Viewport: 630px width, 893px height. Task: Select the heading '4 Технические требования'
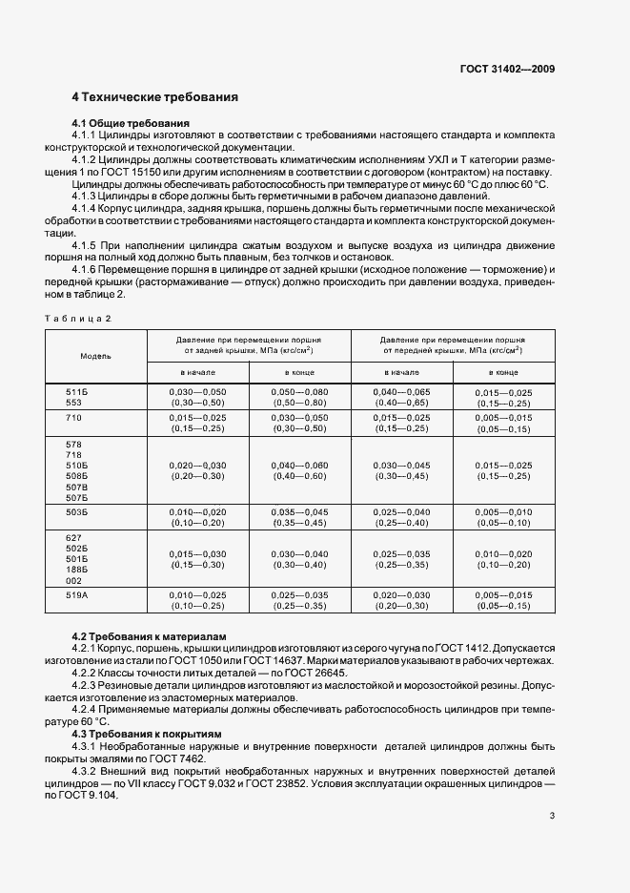point(154,97)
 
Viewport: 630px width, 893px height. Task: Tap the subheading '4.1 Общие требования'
point(131,123)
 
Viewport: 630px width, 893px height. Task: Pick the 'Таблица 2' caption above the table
point(78,319)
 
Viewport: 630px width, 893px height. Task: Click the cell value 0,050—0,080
point(299,391)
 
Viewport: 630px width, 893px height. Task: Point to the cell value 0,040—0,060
point(299,465)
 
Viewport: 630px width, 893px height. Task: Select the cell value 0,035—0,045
point(299,511)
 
